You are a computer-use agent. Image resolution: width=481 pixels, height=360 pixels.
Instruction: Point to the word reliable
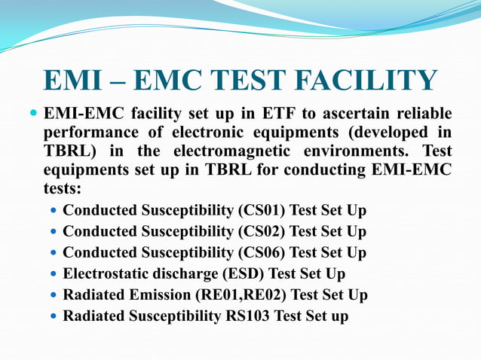[422, 115]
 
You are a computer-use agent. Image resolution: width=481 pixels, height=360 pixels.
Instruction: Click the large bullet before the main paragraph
[32, 115]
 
